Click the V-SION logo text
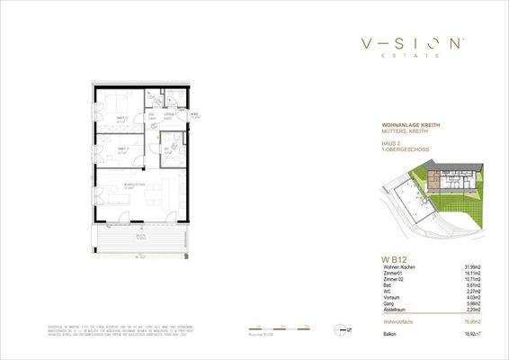click(x=414, y=43)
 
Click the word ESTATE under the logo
click(x=413, y=56)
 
